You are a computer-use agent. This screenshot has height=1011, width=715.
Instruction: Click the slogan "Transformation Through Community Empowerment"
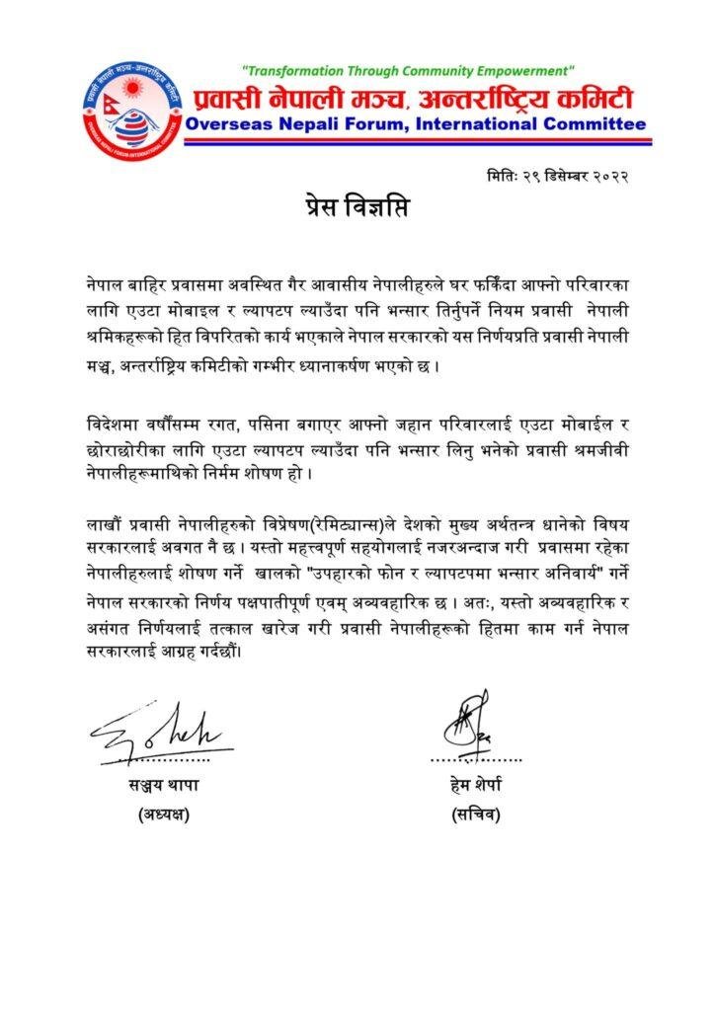point(408,71)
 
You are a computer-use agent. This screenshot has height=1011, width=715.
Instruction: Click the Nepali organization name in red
point(416,99)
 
